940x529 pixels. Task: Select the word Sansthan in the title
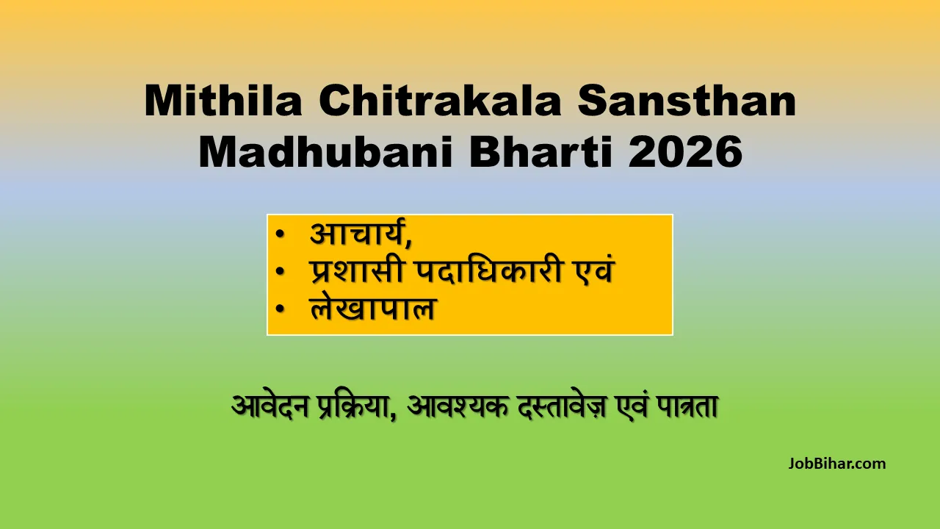pos(687,102)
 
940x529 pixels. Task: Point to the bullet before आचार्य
pos(280,236)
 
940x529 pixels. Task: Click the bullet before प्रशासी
pos(280,273)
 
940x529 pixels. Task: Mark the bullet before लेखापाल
pos(280,309)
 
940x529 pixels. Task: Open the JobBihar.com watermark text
pos(837,464)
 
